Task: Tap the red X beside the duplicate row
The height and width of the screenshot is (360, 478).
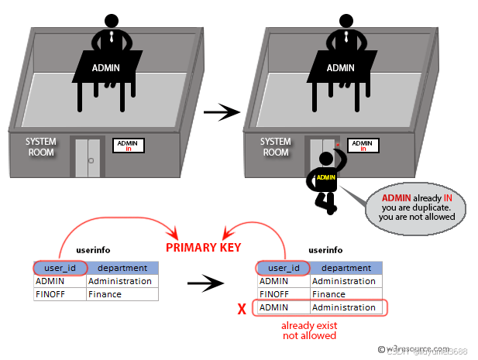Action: pyautogui.click(x=242, y=308)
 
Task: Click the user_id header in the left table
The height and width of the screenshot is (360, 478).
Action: pyautogui.click(x=60, y=268)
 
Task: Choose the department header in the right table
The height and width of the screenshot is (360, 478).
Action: pyautogui.click(x=346, y=268)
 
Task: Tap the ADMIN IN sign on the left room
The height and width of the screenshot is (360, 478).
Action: pyautogui.click(x=129, y=145)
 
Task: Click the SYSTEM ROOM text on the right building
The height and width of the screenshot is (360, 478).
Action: pyautogui.click(x=275, y=147)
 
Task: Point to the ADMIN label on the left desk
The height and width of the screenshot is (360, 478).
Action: pyautogui.click(x=106, y=68)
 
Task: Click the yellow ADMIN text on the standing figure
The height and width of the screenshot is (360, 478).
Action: pyautogui.click(x=326, y=177)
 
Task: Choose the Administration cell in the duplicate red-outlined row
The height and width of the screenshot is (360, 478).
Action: pyautogui.click(x=343, y=307)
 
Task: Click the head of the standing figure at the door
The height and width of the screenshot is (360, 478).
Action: pyautogui.click(x=328, y=158)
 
